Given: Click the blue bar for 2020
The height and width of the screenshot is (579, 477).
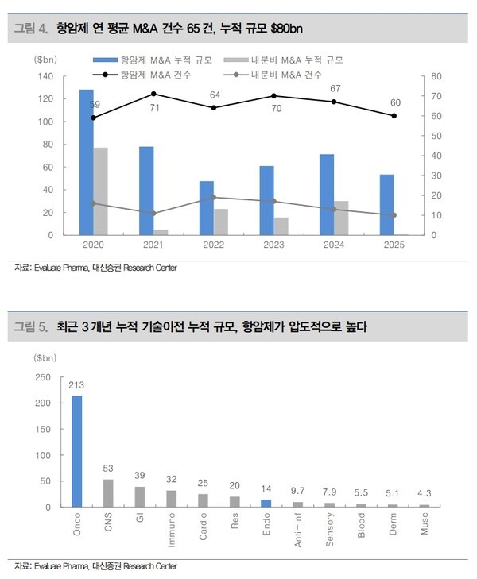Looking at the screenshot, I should tap(87, 162).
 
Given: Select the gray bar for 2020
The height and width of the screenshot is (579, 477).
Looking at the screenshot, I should tap(101, 191).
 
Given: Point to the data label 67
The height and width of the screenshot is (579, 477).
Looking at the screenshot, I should tap(335, 88).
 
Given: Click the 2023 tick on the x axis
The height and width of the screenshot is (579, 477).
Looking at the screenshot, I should tap(273, 245).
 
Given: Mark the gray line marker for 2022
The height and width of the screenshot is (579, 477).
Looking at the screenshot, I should tap(214, 197).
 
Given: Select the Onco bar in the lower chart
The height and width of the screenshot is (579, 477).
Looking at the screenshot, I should tap(77, 451).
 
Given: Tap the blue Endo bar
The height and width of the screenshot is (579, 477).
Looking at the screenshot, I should tap(267, 503).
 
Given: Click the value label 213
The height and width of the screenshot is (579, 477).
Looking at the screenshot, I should tap(77, 386).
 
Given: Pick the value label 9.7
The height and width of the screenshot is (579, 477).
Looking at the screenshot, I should tap(299, 492).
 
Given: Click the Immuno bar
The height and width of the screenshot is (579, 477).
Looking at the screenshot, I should tap(172, 498).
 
